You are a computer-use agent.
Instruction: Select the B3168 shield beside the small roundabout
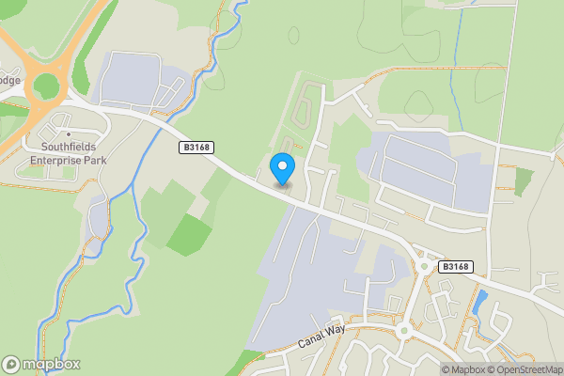point(455,267)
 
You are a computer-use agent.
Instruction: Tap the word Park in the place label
point(93,160)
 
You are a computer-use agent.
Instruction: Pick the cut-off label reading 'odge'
point(8,80)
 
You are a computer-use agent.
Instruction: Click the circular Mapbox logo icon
point(12,364)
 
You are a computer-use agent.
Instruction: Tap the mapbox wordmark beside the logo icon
point(51,364)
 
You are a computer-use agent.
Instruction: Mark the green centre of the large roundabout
point(45,86)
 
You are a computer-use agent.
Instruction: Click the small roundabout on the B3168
point(424,266)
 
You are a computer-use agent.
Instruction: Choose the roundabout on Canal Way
point(405,330)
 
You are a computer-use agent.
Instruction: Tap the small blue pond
point(481,301)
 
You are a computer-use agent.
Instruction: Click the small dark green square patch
point(523,181)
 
